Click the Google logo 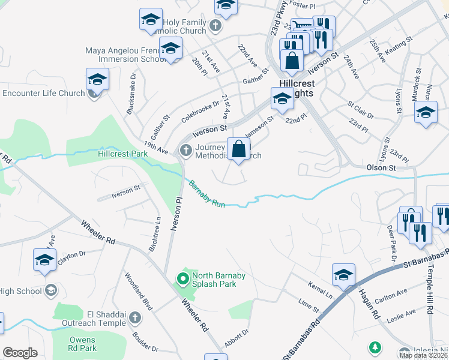[20, 353]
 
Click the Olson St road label [381, 169]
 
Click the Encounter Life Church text [43, 93]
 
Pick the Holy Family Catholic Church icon [216, 26]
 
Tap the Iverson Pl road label [176, 214]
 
